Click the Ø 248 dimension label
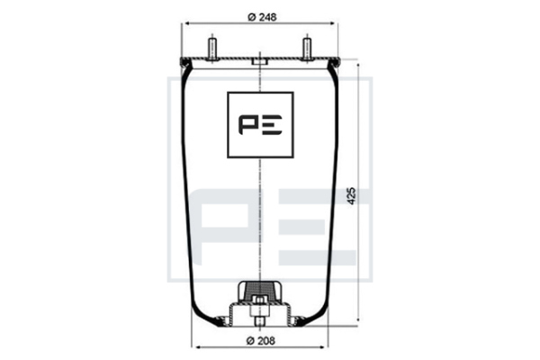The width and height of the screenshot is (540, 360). click(262, 17)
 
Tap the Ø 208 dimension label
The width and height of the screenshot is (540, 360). click(261, 341)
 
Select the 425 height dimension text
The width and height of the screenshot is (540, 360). click(352, 196)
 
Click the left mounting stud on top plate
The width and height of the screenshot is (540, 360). click(211, 49)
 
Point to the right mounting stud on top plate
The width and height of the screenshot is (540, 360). click(307, 49)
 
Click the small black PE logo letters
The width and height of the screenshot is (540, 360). click(260, 125)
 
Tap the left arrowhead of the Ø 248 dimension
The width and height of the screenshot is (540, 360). click(188, 23)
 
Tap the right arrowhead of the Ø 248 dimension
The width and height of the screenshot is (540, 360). click(331, 23)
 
